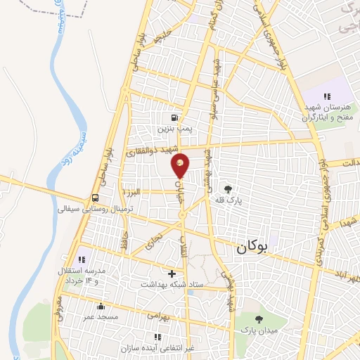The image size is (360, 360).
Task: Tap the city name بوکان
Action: point(253,247)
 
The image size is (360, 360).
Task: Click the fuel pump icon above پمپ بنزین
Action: point(174,117)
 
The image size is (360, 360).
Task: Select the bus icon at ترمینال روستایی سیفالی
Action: point(95,198)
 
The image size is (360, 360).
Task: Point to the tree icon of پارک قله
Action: point(228,188)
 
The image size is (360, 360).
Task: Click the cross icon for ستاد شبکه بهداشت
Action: point(172,273)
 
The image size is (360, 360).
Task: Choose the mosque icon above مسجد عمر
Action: point(101,307)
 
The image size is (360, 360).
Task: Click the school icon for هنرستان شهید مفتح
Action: point(326,96)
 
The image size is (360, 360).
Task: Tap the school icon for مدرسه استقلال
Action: point(82,250)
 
